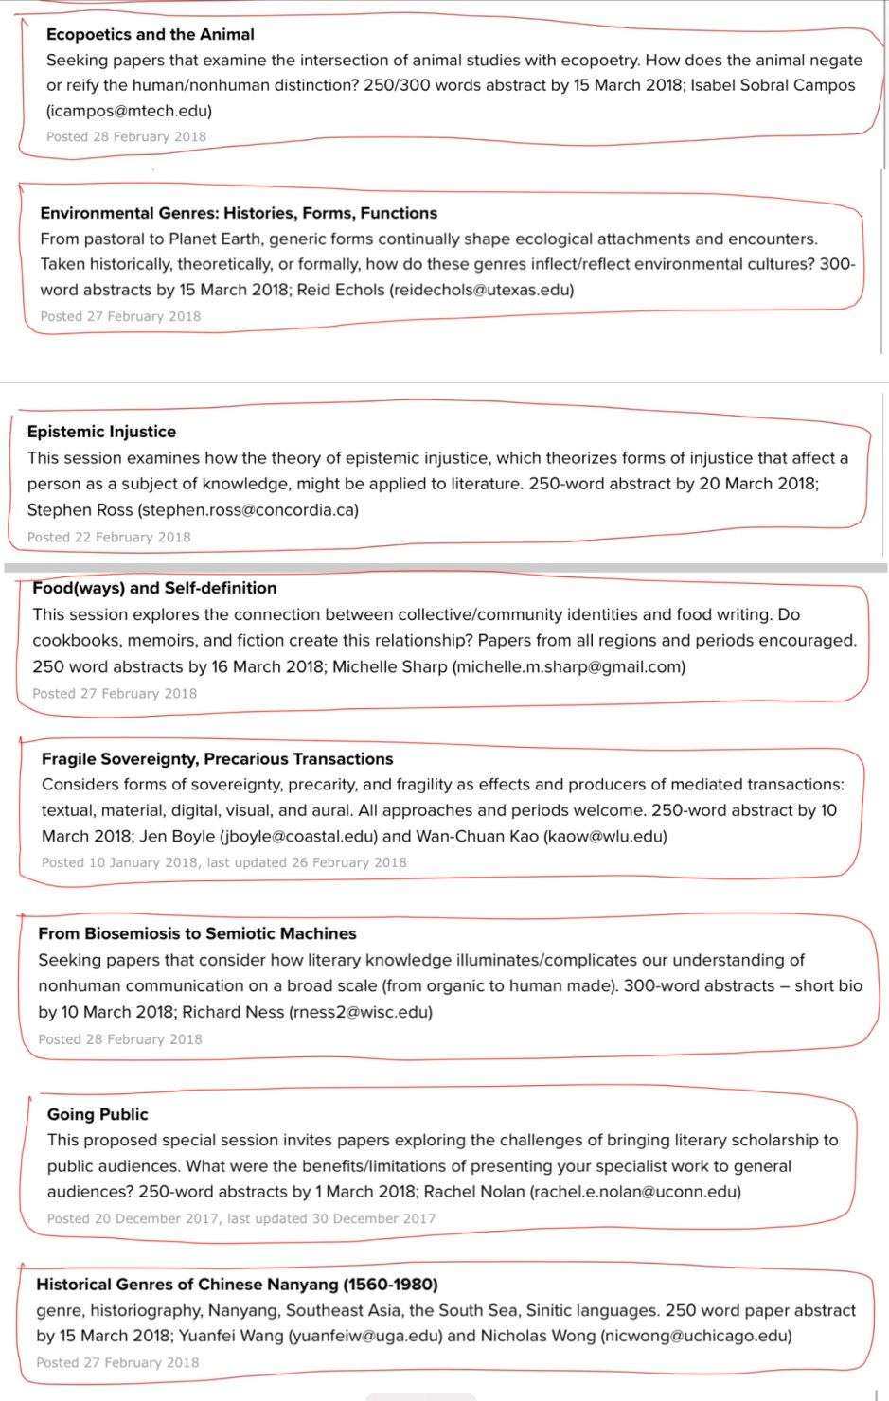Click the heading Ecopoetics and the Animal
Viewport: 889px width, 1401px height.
coord(150,34)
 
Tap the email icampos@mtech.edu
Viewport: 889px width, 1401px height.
coord(129,111)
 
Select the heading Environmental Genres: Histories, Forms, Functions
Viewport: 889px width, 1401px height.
coord(239,213)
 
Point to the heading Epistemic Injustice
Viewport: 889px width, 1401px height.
coord(101,432)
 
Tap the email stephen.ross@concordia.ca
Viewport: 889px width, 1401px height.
coord(248,510)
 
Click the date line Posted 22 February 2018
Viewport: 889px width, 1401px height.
coord(109,537)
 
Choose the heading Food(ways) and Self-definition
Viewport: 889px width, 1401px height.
coord(154,588)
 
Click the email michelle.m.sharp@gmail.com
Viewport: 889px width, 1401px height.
coord(569,666)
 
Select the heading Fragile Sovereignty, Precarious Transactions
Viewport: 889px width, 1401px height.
coord(217,758)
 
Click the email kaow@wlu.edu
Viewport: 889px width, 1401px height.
coord(605,836)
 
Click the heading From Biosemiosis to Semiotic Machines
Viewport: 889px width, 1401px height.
coord(197,933)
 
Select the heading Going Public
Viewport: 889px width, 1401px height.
coord(98,1114)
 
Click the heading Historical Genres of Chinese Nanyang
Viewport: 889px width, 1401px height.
coord(237,1285)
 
